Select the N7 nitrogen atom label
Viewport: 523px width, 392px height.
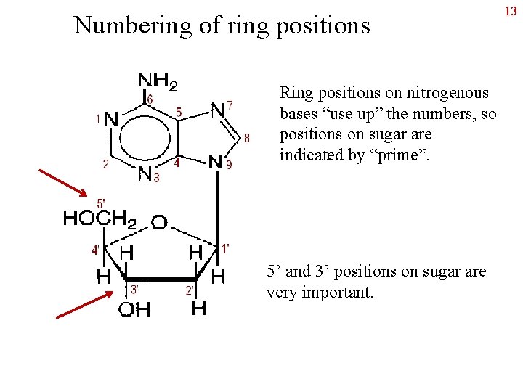[x=219, y=110]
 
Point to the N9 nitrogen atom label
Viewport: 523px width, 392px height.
[x=216, y=162]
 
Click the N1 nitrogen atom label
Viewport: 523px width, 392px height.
[x=111, y=118]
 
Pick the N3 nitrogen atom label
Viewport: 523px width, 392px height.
[x=145, y=174]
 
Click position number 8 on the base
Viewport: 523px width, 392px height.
[x=248, y=137]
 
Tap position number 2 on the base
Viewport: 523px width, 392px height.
[x=106, y=164]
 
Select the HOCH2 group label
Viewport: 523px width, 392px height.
[x=100, y=219]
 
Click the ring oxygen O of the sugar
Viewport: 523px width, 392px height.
[x=159, y=223]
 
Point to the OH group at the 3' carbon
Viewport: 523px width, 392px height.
[x=134, y=310]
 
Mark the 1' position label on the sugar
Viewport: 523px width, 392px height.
[x=225, y=249]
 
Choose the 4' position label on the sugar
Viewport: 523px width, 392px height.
[x=95, y=250]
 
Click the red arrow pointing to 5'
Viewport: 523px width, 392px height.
[x=63, y=182]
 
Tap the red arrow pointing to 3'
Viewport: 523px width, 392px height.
[x=84, y=305]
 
